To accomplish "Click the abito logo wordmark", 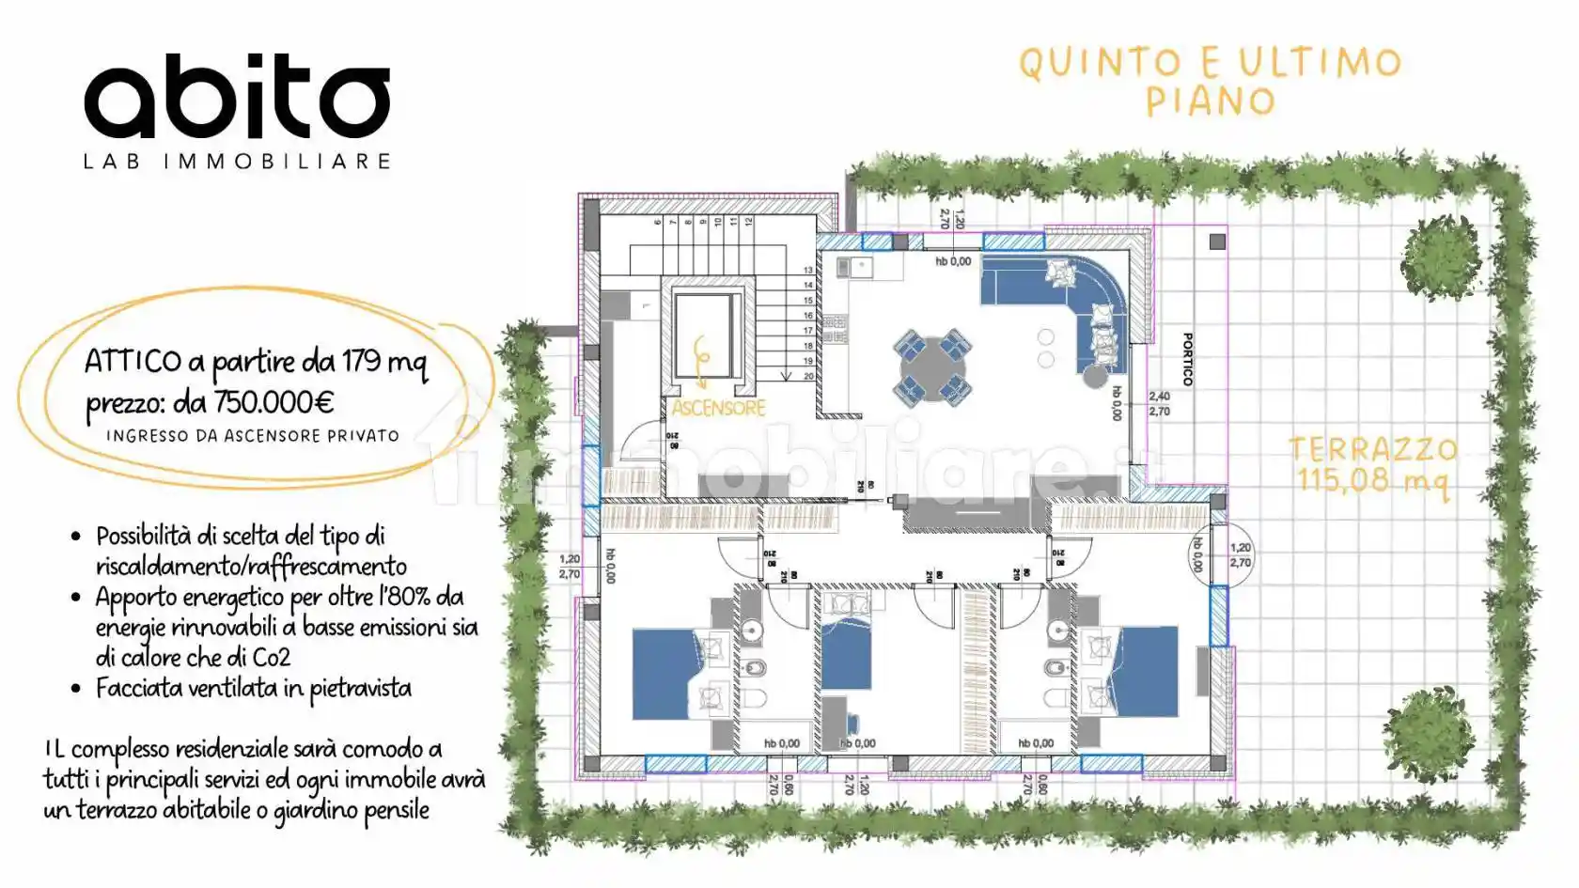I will (x=237, y=97).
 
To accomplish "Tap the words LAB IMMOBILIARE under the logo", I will (x=237, y=162).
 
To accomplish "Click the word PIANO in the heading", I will (x=1211, y=101).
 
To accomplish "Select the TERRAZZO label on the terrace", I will (x=1372, y=449).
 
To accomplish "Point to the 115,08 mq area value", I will (x=1372, y=480).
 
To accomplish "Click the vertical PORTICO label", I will (x=1188, y=359).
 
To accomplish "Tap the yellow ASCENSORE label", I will (x=718, y=408).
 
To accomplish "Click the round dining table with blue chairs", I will (x=930, y=366).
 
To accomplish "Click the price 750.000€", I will (x=274, y=403).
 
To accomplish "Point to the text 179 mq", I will (x=384, y=362).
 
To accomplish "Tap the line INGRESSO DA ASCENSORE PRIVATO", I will (x=252, y=436).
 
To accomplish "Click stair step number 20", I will (x=808, y=376).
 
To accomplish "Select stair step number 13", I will (x=808, y=271).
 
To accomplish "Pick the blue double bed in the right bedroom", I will (x=1143, y=671).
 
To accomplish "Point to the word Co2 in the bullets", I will (x=271, y=658).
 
